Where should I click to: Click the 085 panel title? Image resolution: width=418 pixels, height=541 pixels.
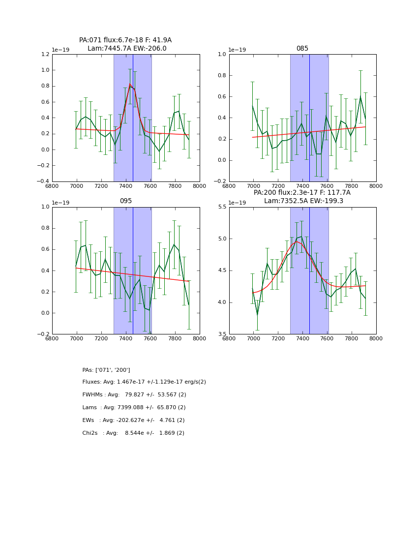coord(302,49)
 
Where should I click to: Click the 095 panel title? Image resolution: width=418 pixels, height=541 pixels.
coord(125,201)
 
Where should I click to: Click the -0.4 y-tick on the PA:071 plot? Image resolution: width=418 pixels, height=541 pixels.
coord(43,181)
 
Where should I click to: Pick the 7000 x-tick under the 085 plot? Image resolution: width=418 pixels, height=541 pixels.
coord(253,186)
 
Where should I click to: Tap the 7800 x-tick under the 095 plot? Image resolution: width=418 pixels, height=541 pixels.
coord(175,339)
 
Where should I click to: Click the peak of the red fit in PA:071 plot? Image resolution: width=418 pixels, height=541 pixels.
coord(130,85)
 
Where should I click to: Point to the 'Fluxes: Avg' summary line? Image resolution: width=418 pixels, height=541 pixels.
coord(144,382)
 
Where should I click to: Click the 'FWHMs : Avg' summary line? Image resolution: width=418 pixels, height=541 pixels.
coord(134,395)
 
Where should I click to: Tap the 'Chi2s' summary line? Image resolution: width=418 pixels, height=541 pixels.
coord(133,433)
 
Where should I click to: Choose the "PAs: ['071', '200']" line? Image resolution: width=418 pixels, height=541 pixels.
coord(106,370)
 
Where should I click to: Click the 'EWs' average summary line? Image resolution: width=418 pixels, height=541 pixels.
coord(133,421)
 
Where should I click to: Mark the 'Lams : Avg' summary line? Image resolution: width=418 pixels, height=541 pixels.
coord(134,408)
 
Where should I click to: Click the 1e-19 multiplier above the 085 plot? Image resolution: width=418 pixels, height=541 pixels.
coord(239,50)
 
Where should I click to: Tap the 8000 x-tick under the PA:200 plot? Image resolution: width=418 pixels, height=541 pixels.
coord(376,339)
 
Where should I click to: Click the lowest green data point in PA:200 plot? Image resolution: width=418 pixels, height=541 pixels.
coord(257,314)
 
